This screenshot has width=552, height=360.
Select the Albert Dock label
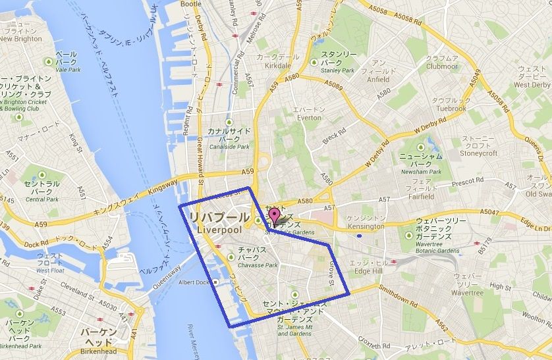193,283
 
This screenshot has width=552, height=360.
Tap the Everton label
308,118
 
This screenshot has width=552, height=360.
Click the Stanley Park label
337,70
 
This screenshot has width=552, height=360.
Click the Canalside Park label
229,147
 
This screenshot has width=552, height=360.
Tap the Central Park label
42,199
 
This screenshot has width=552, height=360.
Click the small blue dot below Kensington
358,235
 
